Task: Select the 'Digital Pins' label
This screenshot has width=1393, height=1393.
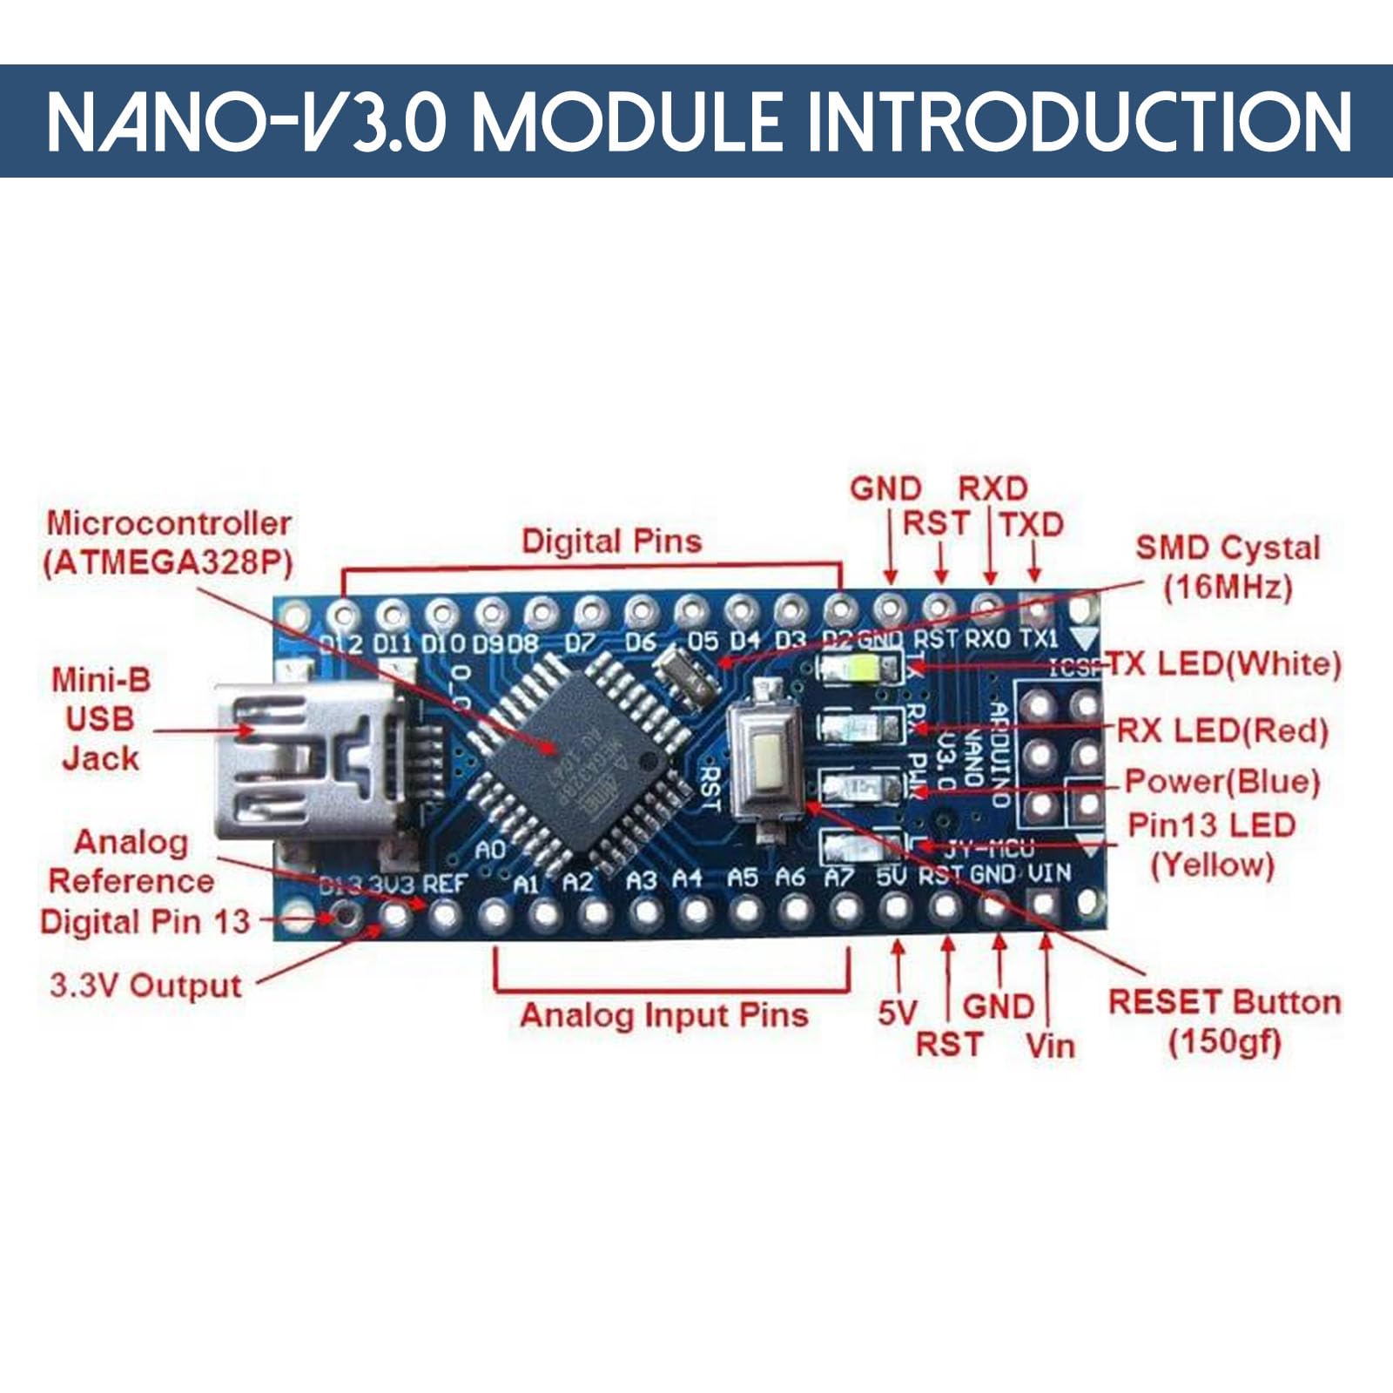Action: pyautogui.click(x=611, y=541)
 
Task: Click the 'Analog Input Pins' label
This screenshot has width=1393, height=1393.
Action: pyautogui.click(x=664, y=1015)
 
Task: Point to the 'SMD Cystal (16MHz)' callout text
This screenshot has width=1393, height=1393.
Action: pyautogui.click(x=1228, y=567)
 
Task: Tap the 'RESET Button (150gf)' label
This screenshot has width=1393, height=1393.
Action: pyautogui.click(x=1224, y=1020)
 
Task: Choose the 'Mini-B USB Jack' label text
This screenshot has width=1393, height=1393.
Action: pyautogui.click(x=100, y=719)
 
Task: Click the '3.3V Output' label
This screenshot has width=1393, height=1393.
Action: pyautogui.click(x=145, y=986)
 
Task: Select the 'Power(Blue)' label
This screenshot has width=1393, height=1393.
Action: pyautogui.click(x=1222, y=781)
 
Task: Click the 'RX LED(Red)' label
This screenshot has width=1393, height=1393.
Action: pyautogui.click(x=1222, y=730)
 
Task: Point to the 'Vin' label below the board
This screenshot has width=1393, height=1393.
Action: pyautogui.click(x=1050, y=1045)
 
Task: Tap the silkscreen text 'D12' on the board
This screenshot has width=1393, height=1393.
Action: pyautogui.click(x=340, y=645)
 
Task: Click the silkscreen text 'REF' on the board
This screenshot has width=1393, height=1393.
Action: pyautogui.click(x=445, y=885)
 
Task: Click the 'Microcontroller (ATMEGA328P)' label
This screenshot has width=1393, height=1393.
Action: pyautogui.click(x=168, y=542)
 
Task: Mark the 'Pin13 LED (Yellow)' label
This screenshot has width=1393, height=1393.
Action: pyautogui.click(x=1212, y=845)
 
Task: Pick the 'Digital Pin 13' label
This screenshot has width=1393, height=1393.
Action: pyautogui.click(x=145, y=921)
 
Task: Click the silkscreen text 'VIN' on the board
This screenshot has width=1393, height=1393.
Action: pyautogui.click(x=1050, y=873)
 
